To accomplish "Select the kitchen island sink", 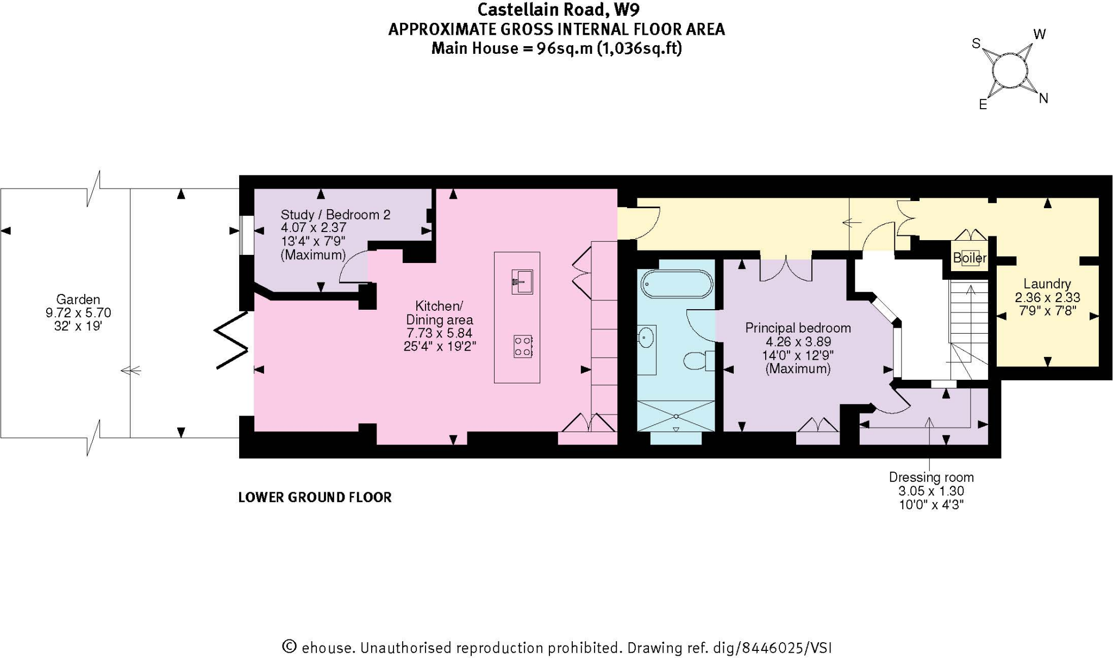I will (522, 282).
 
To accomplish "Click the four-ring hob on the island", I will (523, 346).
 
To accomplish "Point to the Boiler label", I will (970, 258).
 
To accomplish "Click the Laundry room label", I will (1047, 284).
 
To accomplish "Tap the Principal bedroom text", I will (797, 328).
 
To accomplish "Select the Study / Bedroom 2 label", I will (335, 215).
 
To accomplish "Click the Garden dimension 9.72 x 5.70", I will (78, 313).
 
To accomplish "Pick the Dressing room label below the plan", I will (931, 477).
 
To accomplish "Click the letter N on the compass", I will (1043, 98).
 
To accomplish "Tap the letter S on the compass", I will (976, 43).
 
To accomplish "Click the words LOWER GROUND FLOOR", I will (315, 497).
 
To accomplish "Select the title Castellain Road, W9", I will (558, 9).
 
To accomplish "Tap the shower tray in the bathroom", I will (676, 416).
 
